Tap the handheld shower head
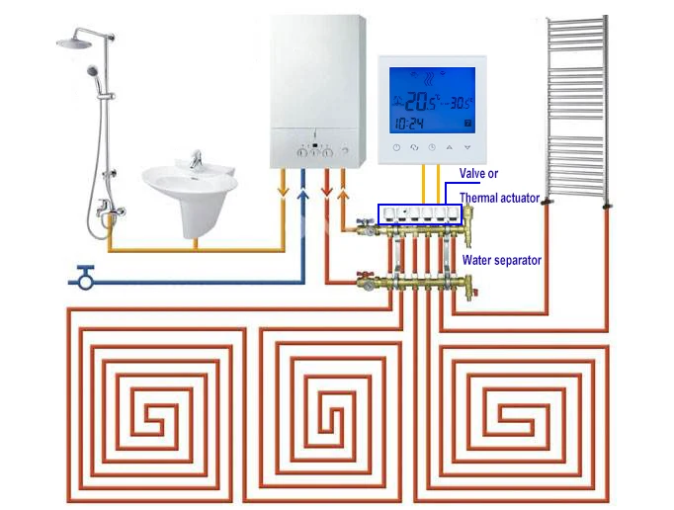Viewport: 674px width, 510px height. coord(93,71)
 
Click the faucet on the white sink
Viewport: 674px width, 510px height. coord(196,159)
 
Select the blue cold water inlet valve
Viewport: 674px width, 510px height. coord(86,278)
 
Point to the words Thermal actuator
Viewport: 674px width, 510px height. coord(499,198)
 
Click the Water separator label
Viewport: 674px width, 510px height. coord(502,260)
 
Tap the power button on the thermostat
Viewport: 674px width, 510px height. coord(396,147)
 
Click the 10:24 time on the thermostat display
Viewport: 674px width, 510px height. coord(409,124)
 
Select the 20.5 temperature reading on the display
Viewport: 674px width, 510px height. coord(420,102)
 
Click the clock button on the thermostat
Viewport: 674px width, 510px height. coord(432,147)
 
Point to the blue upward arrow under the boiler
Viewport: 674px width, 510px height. coord(303,195)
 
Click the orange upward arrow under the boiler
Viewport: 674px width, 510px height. coord(343,195)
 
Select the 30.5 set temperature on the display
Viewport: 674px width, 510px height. coord(461,103)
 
